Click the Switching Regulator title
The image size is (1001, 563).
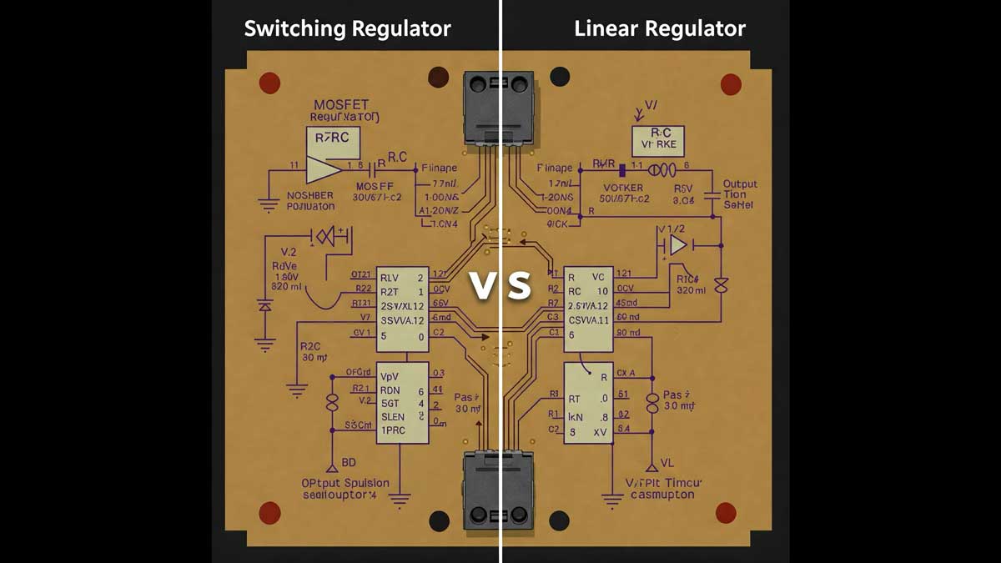tap(347, 29)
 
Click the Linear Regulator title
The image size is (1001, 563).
tap(660, 29)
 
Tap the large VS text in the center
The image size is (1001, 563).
tap(500, 285)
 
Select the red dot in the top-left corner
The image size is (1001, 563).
tap(269, 83)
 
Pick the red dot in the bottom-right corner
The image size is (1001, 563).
tap(726, 512)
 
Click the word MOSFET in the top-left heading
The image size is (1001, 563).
tap(340, 105)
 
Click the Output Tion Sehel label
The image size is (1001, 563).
tap(739, 194)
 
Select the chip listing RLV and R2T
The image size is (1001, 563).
tap(402, 308)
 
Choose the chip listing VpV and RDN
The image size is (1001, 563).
tap(402, 402)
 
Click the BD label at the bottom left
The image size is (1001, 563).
tap(348, 462)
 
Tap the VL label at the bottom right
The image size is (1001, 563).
tap(666, 462)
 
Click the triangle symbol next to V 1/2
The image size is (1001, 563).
tap(678, 245)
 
